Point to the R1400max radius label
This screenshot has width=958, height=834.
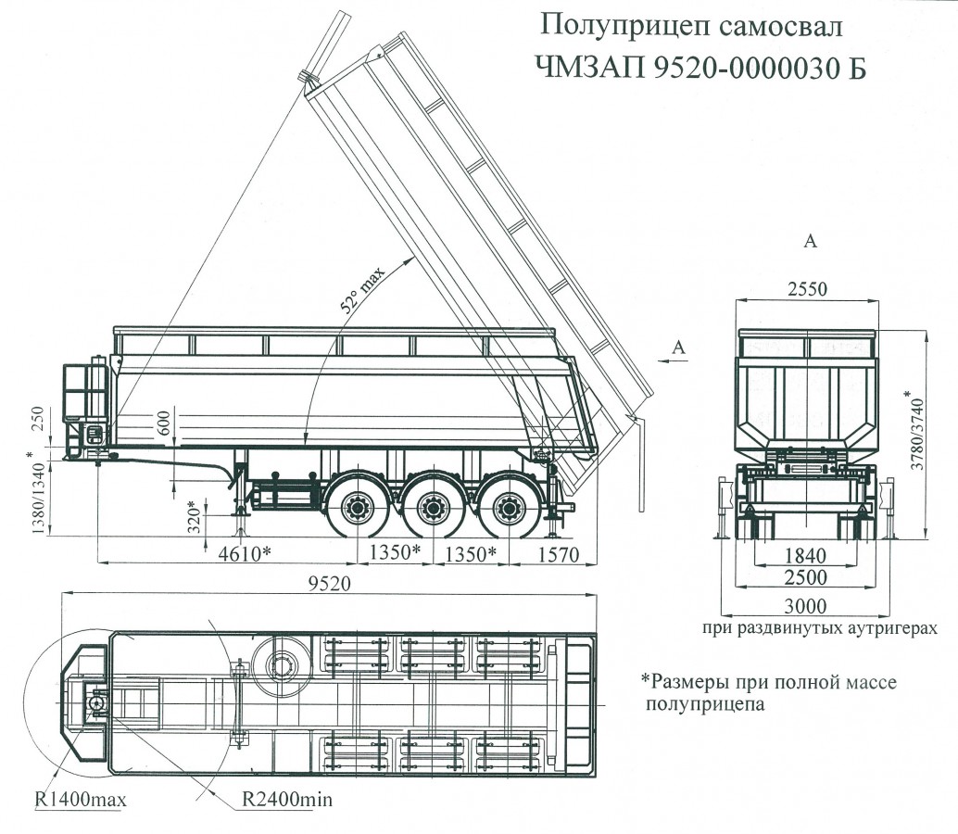click(x=81, y=799)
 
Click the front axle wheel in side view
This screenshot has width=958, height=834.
click(x=356, y=508)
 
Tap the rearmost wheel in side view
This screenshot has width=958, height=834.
click(x=508, y=508)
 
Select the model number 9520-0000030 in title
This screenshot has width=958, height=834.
click(x=733, y=68)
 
